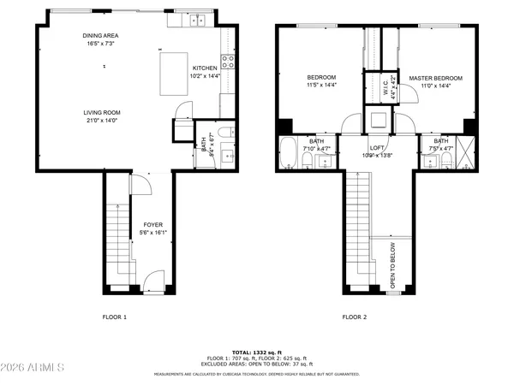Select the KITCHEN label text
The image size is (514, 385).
tap(204, 68)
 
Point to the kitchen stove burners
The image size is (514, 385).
tap(228, 61)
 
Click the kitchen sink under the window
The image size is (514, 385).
tap(198, 21)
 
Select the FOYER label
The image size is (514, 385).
tap(152, 226)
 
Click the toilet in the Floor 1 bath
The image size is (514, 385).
tap(221, 132)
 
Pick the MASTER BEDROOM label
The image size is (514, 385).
tap(435, 78)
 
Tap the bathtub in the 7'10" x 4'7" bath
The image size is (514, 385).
tap(288, 154)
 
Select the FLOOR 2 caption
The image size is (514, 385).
tap(354, 317)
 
